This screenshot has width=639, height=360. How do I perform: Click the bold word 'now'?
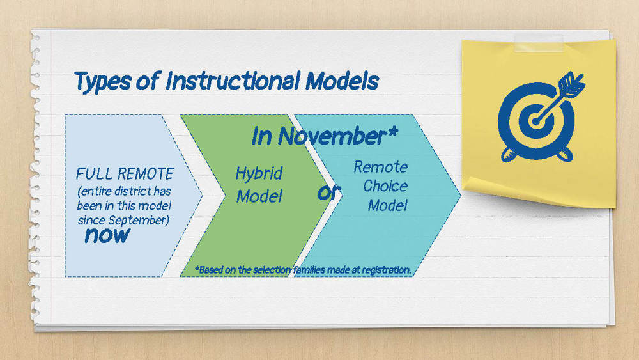pos(107,235)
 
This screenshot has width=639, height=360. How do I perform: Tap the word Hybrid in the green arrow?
pos(259,173)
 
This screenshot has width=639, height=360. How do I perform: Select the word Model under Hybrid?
pos(259,196)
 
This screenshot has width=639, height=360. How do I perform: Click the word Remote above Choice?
pos(380,167)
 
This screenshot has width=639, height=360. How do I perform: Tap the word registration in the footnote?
pos(385,270)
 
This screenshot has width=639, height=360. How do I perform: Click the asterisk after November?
pos(391,132)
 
